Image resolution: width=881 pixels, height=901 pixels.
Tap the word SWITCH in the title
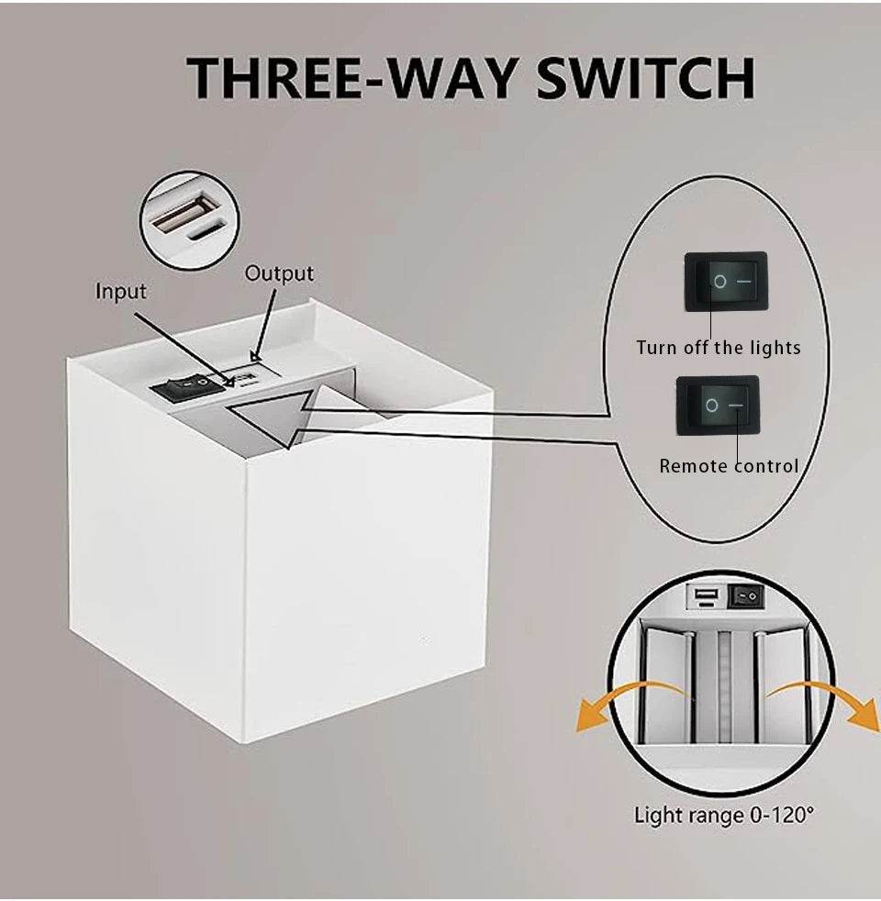tap(645, 78)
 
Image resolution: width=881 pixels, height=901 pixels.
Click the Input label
tap(121, 292)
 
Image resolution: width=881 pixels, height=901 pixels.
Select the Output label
tap(279, 273)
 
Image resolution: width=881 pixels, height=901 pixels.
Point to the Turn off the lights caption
tap(719, 348)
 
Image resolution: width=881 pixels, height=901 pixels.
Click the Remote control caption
tap(729, 465)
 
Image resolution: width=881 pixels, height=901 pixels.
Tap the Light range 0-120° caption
tap(723, 815)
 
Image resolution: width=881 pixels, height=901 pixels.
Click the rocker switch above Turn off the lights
tap(725, 282)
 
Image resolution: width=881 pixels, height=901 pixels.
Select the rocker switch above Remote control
tap(718, 406)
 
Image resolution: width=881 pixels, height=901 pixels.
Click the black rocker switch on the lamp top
tap(187, 386)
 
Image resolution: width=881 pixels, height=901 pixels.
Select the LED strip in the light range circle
tap(724, 686)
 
